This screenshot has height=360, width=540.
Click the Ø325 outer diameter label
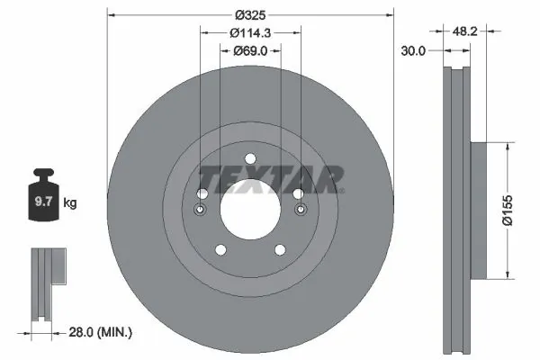251,13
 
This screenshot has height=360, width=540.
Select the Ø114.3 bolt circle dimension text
251,32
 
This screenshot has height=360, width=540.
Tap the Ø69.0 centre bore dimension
251,51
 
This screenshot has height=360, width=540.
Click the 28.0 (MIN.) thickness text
101,332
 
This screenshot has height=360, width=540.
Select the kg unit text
70,204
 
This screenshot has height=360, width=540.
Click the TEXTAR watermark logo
270,177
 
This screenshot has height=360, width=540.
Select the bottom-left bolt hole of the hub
219,251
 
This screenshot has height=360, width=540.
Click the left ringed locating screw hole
200,211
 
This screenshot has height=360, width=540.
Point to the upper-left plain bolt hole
202,193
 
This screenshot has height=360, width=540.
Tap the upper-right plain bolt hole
298,193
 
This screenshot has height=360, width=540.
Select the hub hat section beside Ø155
477,209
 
